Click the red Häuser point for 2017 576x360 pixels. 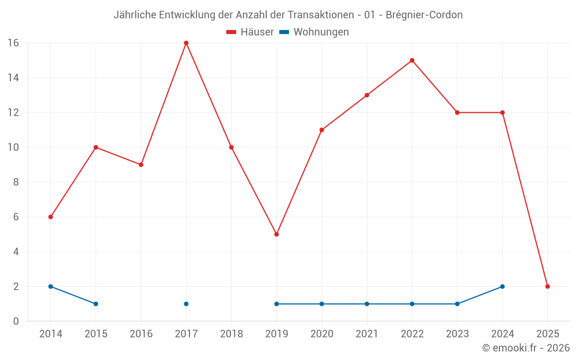pyautogui.click(x=186, y=43)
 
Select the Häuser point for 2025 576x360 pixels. pyautogui.click(x=548, y=286)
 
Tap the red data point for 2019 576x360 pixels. pyautogui.click(x=276, y=234)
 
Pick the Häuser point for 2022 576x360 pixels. pyautogui.click(x=412, y=60)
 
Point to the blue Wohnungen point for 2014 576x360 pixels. pyautogui.click(x=51, y=286)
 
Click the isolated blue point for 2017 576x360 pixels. pyautogui.click(x=186, y=304)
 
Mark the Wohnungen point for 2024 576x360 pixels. pyautogui.click(x=502, y=286)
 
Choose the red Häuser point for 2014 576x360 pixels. pyautogui.click(x=51, y=217)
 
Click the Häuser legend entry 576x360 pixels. pyautogui.click(x=250, y=32)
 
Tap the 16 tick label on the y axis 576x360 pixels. pyautogui.click(x=13, y=43)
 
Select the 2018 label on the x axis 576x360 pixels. pyautogui.click(x=232, y=334)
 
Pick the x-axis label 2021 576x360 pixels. pyautogui.click(x=367, y=334)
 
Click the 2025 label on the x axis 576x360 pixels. pyautogui.click(x=548, y=334)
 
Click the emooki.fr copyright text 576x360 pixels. pyautogui.click(x=526, y=348)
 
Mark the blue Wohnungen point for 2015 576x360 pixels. pyautogui.click(x=96, y=304)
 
